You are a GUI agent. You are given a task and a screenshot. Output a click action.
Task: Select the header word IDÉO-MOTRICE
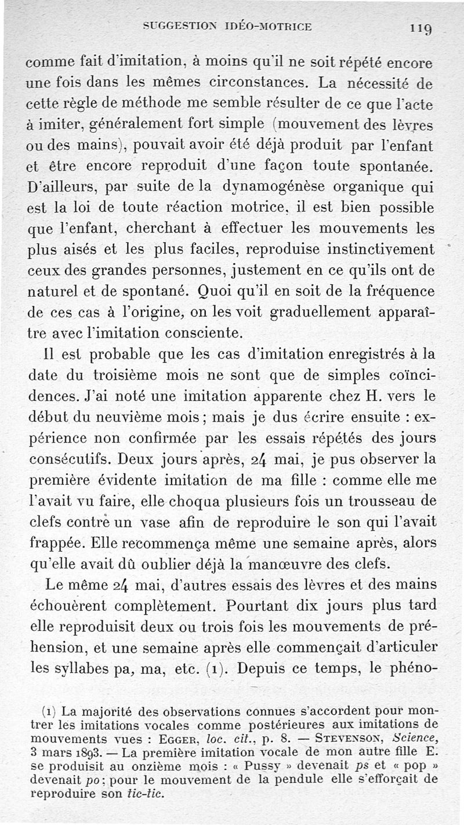[x=267, y=26]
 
